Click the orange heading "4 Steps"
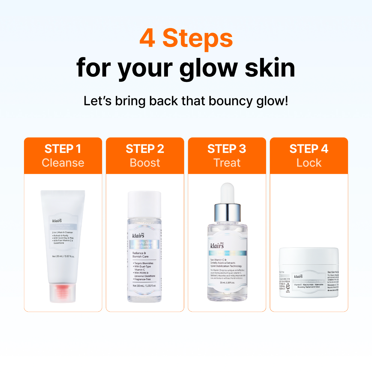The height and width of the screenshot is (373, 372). coord(186,38)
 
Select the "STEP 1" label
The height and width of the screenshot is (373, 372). coord(63,149)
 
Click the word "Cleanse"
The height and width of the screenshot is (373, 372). coord(63,163)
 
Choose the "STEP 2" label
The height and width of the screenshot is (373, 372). coord(145,149)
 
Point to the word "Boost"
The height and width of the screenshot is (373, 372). coord(145,163)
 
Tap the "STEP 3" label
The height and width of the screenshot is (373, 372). coord(227,149)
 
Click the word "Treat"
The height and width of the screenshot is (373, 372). coord(227,163)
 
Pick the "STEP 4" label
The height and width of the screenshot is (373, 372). coord(309,149)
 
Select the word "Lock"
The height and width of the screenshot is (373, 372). coord(309,163)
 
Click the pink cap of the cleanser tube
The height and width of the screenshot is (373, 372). coord(63,293)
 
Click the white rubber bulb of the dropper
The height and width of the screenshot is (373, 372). coord(227,193)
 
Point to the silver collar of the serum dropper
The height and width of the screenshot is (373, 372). coord(227,213)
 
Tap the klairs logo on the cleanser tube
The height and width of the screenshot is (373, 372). coord(57,220)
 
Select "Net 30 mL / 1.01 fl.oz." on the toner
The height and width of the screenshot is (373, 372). coord(144,286)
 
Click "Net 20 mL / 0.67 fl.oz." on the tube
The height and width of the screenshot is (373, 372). coord(63,257)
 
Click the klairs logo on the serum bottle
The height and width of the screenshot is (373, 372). coord(217,245)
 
